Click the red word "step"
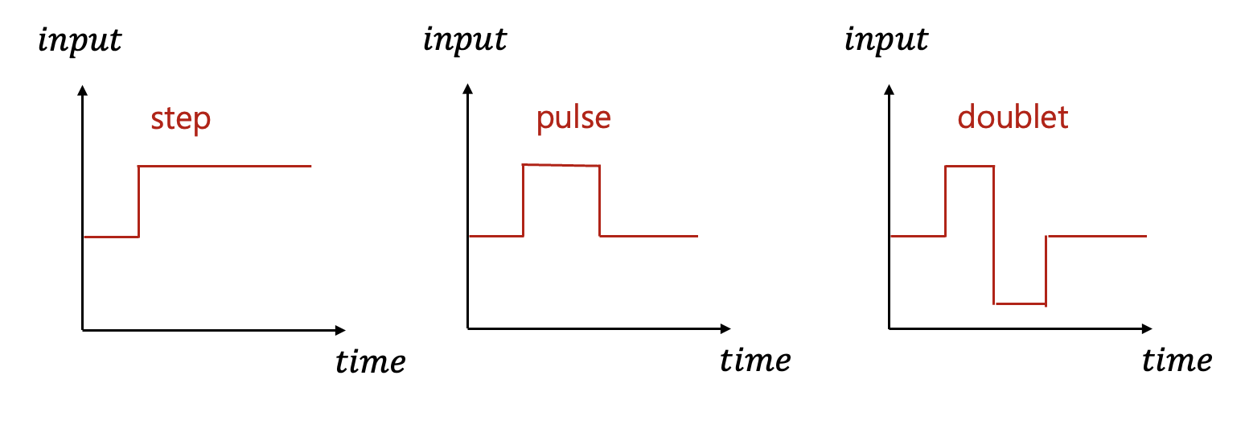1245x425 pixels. (x=180, y=119)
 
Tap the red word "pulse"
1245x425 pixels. (x=573, y=118)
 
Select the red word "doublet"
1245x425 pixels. (x=1013, y=118)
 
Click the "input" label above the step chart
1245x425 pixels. (x=80, y=40)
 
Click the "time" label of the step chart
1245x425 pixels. (x=370, y=361)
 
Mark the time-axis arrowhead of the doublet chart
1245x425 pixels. (x=1146, y=328)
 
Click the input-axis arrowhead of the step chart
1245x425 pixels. (x=82, y=90)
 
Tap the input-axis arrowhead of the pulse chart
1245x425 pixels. (x=467, y=89)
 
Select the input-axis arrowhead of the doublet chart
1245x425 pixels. (x=889, y=89)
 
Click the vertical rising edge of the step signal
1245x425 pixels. (x=139, y=201)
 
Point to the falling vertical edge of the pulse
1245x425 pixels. (x=600, y=201)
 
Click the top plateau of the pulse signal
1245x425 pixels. (x=561, y=165)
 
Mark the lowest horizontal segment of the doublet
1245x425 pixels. (x=1020, y=303)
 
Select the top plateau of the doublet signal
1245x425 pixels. (x=969, y=166)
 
